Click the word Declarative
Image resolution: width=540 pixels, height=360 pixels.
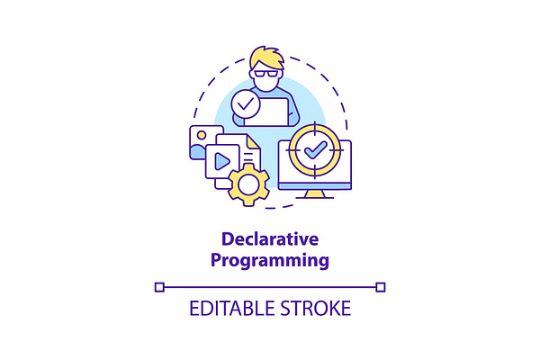[270, 238]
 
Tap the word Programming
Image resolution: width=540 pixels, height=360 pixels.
[270, 260]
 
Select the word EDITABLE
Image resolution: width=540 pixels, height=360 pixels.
[232, 308]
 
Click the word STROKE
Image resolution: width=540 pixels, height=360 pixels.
[315, 308]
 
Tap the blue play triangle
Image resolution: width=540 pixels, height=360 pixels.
[222, 161]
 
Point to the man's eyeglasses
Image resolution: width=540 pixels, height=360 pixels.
[265, 73]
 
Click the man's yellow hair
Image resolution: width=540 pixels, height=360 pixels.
[266, 58]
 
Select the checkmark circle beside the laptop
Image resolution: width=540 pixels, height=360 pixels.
[246, 104]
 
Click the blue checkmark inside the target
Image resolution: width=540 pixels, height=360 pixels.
[315, 149]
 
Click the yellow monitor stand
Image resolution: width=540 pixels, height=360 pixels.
[315, 193]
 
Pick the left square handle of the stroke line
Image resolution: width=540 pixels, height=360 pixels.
[159, 287]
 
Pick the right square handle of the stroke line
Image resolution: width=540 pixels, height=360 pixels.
[381, 287]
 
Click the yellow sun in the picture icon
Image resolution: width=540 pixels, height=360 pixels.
[202, 135]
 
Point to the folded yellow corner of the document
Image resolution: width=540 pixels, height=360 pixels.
[253, 141]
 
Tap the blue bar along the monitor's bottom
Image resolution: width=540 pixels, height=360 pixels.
[315, 186]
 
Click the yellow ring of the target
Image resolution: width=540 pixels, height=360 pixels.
[292, 150]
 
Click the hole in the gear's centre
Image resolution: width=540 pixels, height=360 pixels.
[248, 184]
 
